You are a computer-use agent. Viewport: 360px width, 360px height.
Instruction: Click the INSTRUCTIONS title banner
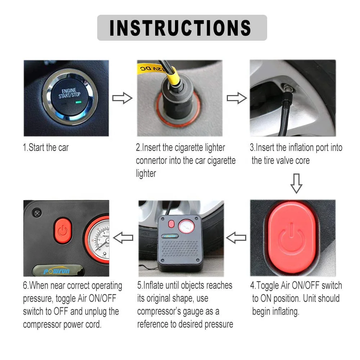coord(182,28)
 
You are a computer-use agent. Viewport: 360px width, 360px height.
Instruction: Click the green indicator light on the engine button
coord(78,102)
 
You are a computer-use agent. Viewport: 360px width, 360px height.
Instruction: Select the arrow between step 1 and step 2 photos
coord(122,98)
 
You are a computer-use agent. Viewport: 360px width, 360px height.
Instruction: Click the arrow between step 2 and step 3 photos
coord(237,98)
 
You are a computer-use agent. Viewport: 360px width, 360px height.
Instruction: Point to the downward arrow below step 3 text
coord(296,184)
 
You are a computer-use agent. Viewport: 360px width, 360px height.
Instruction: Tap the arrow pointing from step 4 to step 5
coord(236,238)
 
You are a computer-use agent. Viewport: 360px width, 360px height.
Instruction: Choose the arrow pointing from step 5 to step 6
coord(123,238)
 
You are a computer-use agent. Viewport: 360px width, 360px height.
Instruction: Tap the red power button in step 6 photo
coord(63,230)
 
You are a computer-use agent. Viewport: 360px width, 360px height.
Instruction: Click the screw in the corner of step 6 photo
coord(37,213)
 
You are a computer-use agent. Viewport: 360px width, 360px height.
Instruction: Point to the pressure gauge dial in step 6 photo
coord(99,239)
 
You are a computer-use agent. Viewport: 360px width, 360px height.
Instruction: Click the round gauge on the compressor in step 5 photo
coord(186,226)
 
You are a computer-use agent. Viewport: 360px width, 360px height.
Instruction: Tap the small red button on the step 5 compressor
coord(171,224)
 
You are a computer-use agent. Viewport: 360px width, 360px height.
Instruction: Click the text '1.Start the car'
coord(46,147)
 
